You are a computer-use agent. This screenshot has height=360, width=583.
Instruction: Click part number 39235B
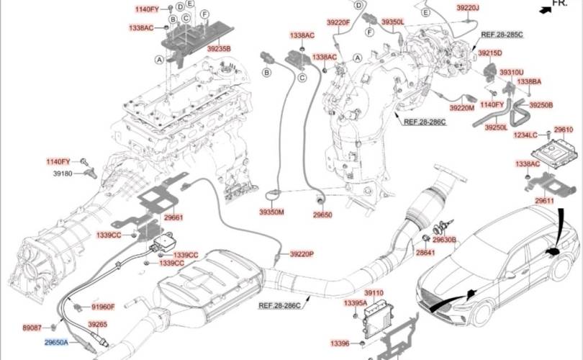pos(220,48)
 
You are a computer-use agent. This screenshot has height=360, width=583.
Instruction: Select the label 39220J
pos(467,8)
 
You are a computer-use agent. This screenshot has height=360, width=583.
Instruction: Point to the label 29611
pos(545,201)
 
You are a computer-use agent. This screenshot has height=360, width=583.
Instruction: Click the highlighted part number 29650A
pos(55,343)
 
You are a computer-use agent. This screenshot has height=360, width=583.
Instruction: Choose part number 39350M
pos(272,213)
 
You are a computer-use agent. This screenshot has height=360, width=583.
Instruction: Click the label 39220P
pos(302,255)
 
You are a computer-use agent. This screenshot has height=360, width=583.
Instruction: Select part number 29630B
pos(445,239)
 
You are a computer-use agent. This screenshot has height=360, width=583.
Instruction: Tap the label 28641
pos(425,253)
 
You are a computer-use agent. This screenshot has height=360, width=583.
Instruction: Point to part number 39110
pos(374,294)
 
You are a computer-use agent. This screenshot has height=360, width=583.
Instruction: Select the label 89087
pos(32,327)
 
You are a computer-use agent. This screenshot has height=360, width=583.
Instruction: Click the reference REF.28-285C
pos(502,35)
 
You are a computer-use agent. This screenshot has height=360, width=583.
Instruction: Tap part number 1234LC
pos(525,135)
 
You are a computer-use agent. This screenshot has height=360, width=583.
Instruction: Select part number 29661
pos(173,217)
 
